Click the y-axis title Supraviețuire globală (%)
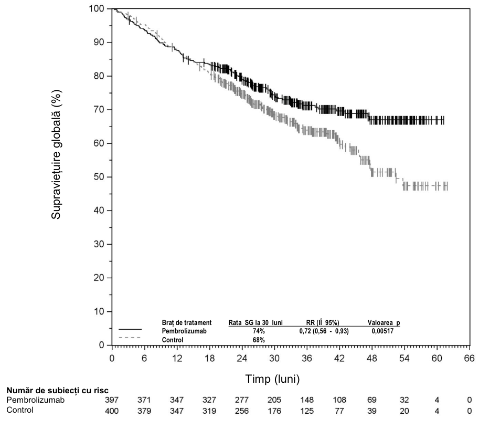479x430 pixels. click(x=56, y=154)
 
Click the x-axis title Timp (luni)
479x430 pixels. click(x=272, y=379)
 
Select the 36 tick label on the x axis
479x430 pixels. click(x=307, y=358)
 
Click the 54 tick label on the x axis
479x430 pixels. click(x=404, y=358)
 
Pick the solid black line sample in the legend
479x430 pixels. click(x=130, y=329)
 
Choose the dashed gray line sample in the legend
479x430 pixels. click(x=130, y=338)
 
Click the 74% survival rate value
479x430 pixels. click(x=259, y=331)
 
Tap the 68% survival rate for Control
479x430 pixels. click(x=259, y=340)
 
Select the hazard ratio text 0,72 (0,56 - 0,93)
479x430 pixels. click(x=324, y=331)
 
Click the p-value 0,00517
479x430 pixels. click(x=382, y=331)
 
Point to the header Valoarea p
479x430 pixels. click(x=384, y=323)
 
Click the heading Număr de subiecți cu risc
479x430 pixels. click(x=57, y=390)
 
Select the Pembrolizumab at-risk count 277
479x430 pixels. click(x=242, y=400)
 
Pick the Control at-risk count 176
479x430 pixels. click(x=274, y=411)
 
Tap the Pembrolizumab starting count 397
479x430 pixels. click(x=112, y=400)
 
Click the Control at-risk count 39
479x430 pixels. click(x=372, y=411)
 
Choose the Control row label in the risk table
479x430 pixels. click(x=20, y=410)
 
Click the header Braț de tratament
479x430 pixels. click(x=187, y=323)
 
